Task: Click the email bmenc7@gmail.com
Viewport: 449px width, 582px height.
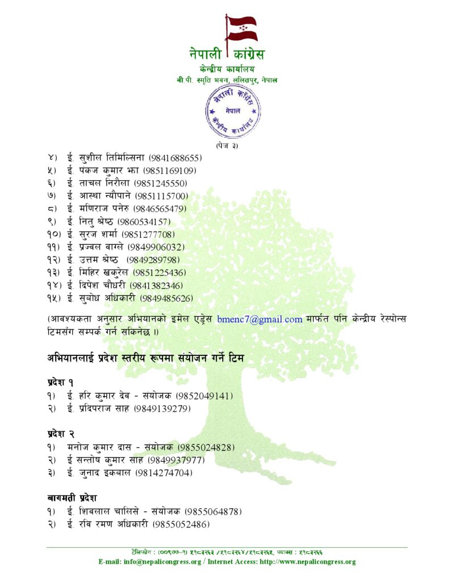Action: (x=259, y=319)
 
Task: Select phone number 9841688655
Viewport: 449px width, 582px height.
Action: (x=175, y=158)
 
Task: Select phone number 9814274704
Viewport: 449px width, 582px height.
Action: (x=163, y=473)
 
